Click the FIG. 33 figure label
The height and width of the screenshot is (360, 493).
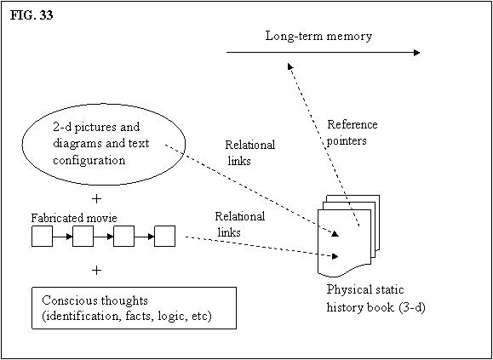click(32, 15)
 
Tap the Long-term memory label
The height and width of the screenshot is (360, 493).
click(318, 37)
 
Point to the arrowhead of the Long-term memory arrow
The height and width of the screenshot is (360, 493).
click(417, 53)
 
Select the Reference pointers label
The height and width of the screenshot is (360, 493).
click(353, 132)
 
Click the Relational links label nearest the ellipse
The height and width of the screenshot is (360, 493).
click(250, 153)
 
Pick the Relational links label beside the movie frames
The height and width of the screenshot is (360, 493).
click(239, 225)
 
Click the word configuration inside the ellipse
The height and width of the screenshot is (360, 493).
click(89, 161)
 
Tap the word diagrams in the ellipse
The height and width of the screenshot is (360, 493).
click(75, 144)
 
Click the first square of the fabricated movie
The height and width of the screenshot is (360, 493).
click(42, 237)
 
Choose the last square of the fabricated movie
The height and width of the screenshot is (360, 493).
click(164, 237)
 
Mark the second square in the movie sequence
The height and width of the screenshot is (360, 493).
click(83, 237)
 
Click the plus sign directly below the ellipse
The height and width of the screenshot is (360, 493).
click(98, 199)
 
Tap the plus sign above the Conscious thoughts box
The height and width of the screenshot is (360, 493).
click(98, 271)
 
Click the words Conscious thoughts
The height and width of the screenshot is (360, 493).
click(95, 301)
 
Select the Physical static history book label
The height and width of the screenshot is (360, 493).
click(376, 298)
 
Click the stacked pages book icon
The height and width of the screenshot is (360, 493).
click(349, 237)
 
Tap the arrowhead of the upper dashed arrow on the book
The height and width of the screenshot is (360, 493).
click(335, 234)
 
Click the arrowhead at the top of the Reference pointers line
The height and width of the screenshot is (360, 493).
click(289, 66)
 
